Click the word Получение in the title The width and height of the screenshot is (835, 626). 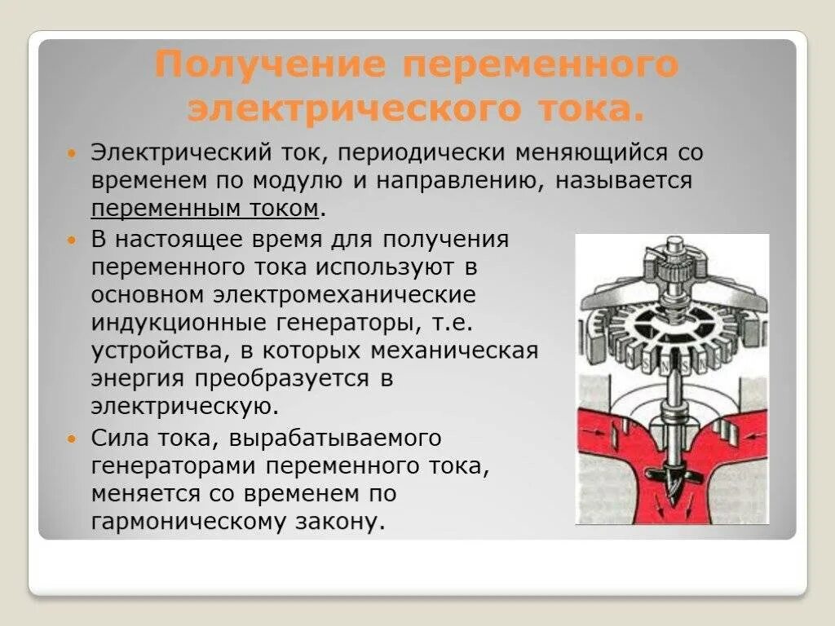tap(270, 65)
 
